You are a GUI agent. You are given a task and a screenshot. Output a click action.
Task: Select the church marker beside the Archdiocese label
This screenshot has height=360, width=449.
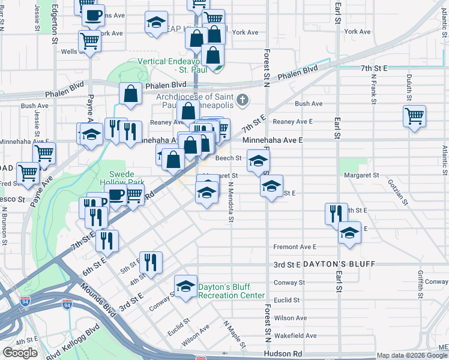[x=243, y=100]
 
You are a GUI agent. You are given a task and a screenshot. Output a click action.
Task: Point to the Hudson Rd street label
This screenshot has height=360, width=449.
[x=280, y=355]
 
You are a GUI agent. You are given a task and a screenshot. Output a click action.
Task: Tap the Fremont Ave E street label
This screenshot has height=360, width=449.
[x=294, y=247]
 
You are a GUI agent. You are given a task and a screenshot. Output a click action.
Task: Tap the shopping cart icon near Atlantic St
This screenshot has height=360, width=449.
[x=414, y=115]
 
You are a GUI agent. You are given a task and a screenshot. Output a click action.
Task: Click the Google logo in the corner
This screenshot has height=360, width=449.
[x=20, y=353]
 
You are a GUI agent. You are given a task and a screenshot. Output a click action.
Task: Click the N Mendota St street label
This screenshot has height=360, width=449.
[x=231, y=204]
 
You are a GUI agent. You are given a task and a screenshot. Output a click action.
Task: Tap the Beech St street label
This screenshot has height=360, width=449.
[x=232, y=158]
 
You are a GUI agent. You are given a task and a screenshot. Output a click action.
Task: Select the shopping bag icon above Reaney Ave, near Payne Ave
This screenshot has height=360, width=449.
[x=130, y=93]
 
